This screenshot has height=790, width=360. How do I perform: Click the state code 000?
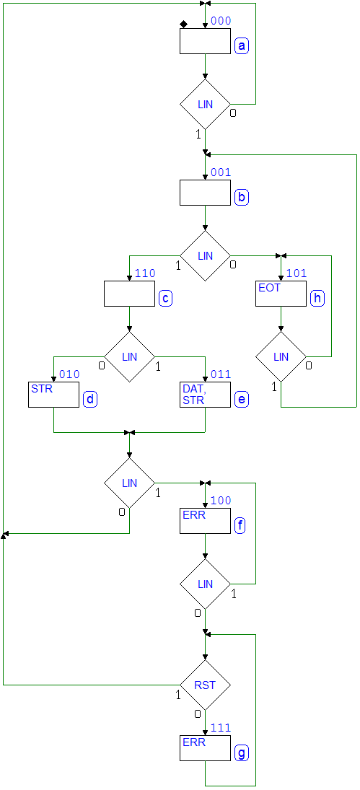[221, 21]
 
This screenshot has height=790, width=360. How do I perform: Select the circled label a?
[242, 46]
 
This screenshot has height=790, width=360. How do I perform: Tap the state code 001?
[221, 172]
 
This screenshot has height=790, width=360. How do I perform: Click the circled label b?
[242, 198]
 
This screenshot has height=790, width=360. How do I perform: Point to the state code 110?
[145, 273]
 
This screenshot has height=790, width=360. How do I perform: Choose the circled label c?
[166, 298]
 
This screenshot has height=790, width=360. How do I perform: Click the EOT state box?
[281, 293]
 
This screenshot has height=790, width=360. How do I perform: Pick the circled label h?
[317, 298]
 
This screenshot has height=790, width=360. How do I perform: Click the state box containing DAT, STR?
[206, 395]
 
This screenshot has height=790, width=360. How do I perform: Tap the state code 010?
[69, 374]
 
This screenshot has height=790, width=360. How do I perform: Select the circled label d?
[90, 400]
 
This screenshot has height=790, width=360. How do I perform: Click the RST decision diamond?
[206, 685]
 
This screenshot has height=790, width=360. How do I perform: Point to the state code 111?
[221, 727]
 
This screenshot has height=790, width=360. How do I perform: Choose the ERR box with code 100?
[206, 521]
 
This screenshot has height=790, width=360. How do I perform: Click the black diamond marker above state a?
[183, 25]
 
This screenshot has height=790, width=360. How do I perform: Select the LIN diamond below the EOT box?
[281, 356]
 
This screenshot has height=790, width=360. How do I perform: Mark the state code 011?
[221, 374]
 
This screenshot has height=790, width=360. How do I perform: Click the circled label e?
[242, 400]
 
